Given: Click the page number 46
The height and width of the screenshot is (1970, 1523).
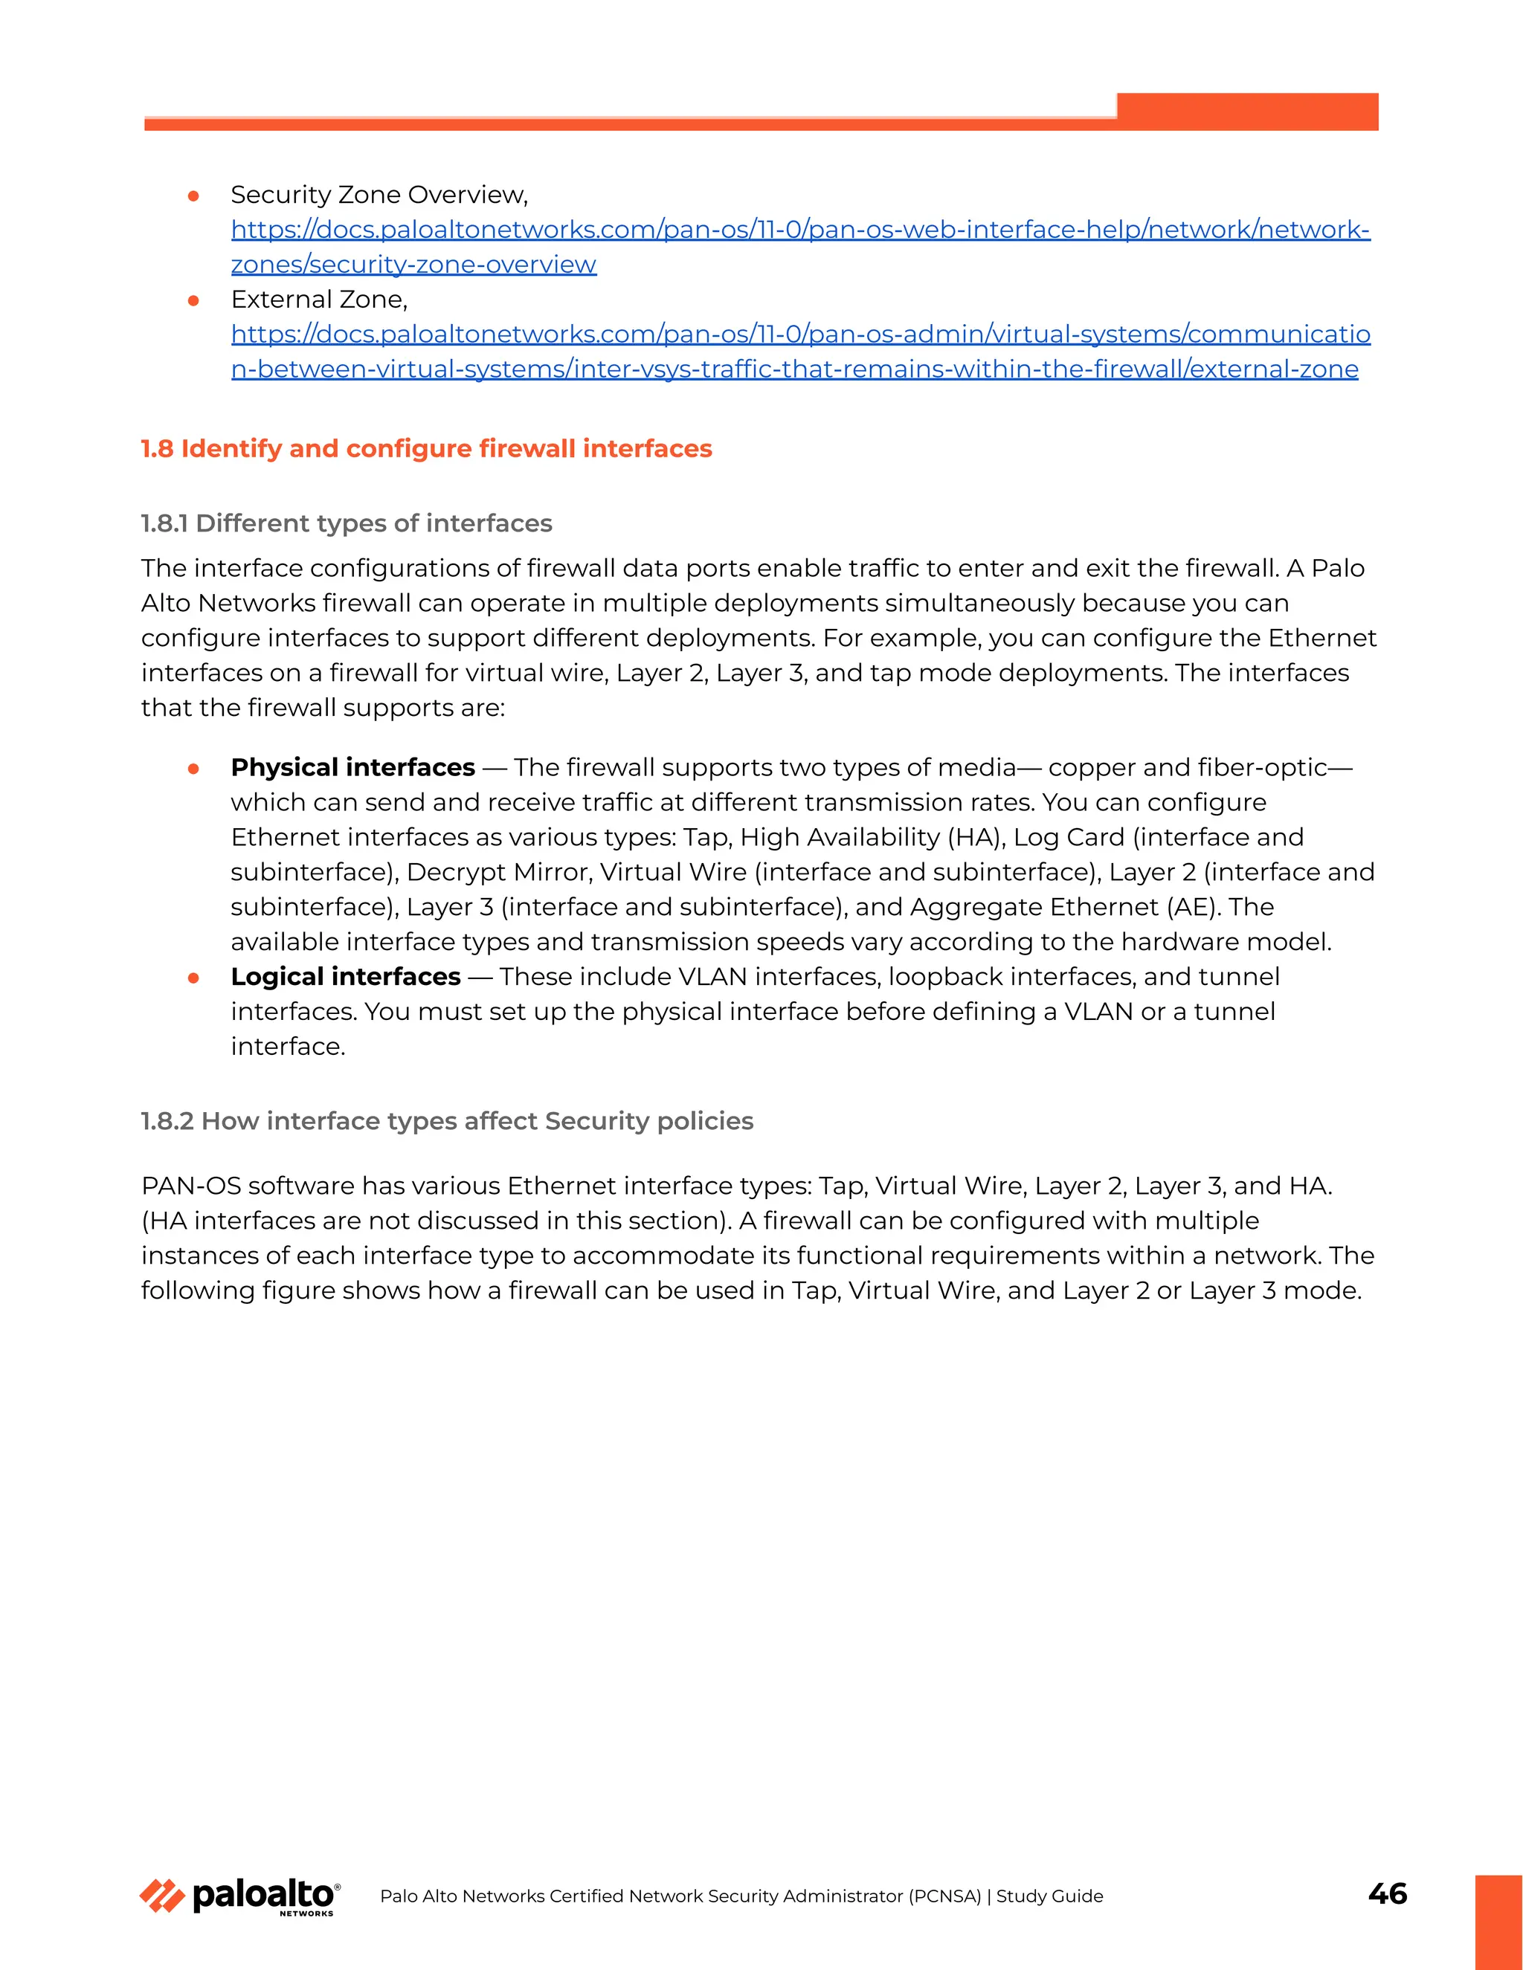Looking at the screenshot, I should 1387,1893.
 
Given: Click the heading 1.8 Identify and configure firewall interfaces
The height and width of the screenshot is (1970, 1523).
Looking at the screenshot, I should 426,448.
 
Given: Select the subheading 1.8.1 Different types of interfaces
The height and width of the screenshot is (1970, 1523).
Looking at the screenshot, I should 347,523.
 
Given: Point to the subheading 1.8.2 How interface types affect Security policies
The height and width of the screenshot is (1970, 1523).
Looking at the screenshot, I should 447,1120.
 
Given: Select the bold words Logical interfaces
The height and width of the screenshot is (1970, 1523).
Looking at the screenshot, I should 346,976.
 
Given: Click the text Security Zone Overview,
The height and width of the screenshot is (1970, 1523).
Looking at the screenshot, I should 379,194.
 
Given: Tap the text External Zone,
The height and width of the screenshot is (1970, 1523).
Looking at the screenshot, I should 319,299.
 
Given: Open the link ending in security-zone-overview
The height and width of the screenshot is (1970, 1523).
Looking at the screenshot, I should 413,265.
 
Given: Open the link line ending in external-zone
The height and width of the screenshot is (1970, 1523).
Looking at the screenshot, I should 794,369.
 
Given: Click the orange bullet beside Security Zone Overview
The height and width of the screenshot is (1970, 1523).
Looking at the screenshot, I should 193,196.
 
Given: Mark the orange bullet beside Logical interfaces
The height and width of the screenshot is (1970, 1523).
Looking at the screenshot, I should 193,978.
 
